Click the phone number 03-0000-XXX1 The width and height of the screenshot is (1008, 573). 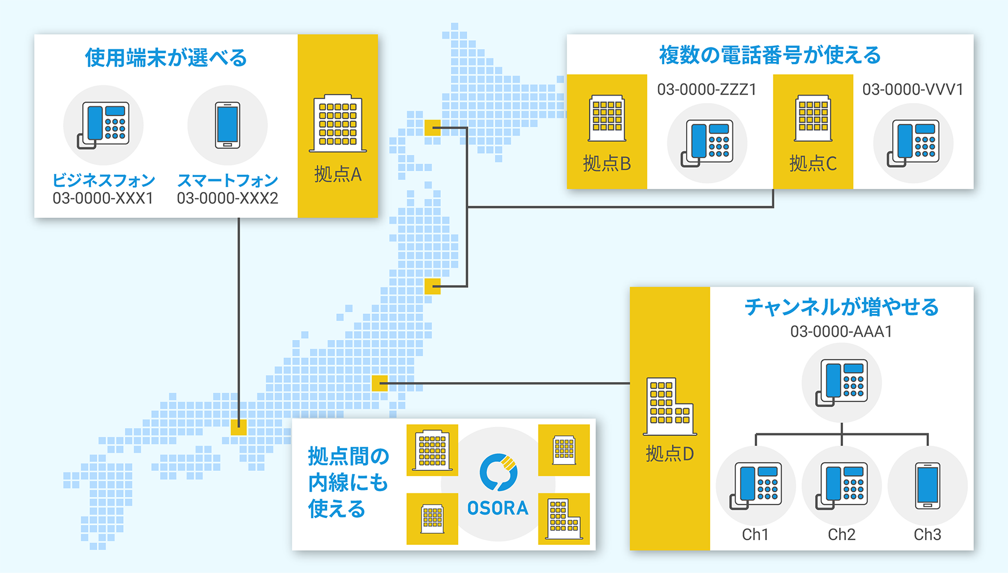(x=103, y=198)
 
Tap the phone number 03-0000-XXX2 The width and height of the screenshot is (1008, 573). (x=227, y=198)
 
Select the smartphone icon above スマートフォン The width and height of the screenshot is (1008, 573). (x=227, y=125)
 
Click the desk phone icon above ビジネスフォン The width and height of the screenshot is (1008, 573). (x=104, y=125)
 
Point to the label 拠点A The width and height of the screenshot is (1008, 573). (x=338, y=174)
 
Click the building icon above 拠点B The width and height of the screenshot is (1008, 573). (x=607, y=118)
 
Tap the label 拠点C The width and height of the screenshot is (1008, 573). (x=813, y=164)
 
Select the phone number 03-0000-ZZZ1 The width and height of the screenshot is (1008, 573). (x=707, y=89)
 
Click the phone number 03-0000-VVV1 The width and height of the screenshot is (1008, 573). (x=913, y=89)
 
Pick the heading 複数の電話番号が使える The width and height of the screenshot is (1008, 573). (x=770, y=55)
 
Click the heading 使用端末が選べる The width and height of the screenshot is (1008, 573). (x=166, y=58)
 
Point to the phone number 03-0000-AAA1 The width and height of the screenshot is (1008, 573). (x=841, y=332)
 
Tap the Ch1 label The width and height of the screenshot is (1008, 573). (x=755, y=535)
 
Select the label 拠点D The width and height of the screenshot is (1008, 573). (x=670, y=454)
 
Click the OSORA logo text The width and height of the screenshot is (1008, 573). (x=498, y=508)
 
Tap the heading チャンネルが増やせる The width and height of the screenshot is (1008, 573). (x=841, y=307)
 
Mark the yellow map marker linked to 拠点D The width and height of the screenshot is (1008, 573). (x=380, y=383)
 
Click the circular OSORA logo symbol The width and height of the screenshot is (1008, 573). (x=498, y=472)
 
